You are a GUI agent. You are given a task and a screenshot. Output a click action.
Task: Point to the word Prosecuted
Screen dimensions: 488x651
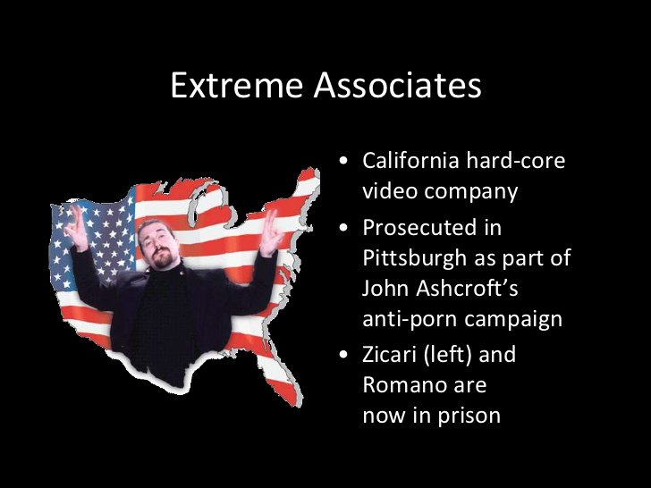[420, 228]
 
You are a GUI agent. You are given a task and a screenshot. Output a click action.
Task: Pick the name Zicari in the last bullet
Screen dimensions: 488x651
[390, 355]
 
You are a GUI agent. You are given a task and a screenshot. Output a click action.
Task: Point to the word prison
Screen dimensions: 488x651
[469, 416]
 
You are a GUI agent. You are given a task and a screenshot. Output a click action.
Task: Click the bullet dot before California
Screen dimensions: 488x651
[344, 163]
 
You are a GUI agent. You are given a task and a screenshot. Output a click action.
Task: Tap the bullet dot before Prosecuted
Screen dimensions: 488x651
[344, 229]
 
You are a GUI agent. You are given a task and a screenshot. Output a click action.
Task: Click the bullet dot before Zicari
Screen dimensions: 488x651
[344, 356]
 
